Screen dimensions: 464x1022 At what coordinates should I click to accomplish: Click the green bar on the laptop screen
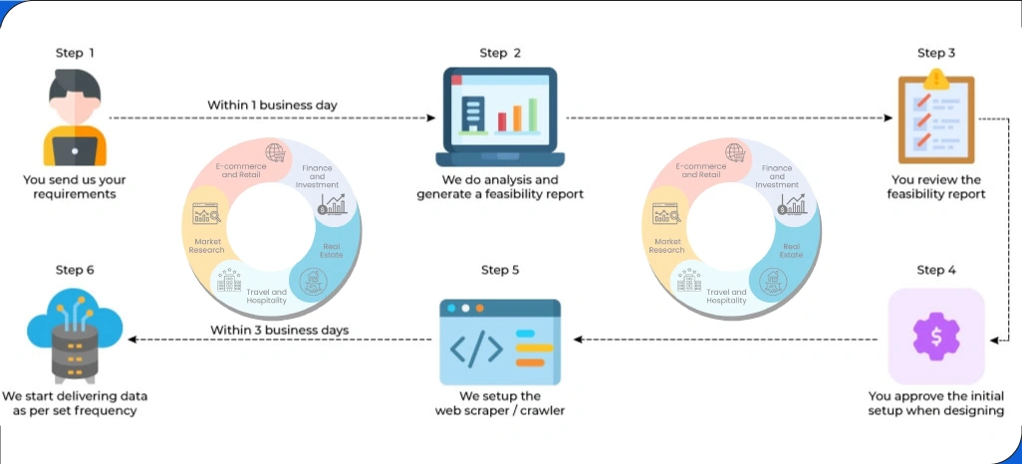(x=532, y=113)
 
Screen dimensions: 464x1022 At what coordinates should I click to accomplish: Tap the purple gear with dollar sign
(x=935, y=336)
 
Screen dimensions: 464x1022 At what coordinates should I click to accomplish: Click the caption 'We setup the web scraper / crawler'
(x=499, y=403)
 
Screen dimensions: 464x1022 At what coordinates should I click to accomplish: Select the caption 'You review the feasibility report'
(x=935, y=187)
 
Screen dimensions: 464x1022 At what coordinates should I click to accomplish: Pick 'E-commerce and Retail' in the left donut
(x=238, y=170)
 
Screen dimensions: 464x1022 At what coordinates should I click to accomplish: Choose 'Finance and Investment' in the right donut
(x=777, y=176)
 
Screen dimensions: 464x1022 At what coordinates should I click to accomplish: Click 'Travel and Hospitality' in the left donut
(x=266, y=296)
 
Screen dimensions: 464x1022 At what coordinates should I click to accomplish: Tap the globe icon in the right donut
(x=734, y=151)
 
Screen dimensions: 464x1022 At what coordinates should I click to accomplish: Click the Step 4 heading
(x=935, y=270)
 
